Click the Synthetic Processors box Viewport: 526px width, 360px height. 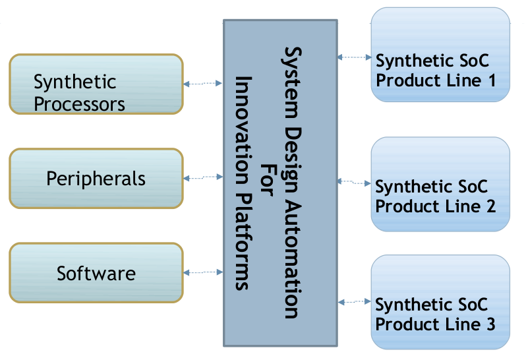point(96,84)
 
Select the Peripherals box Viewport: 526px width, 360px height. point(96,178)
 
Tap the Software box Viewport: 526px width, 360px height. point(96,273)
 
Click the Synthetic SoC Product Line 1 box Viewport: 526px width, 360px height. point(440,54)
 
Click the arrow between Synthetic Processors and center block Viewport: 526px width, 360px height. point(203,84)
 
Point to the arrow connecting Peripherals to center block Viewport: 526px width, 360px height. point(203,177)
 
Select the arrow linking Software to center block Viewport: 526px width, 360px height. point(203,272)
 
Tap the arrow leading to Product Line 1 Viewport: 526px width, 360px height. point(354,57)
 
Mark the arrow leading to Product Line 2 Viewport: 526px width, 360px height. point(354,181)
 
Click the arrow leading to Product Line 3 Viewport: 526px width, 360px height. point(355,302)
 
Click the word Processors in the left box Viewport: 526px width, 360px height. point(79,104)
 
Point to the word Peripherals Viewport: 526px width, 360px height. point(96,179)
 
